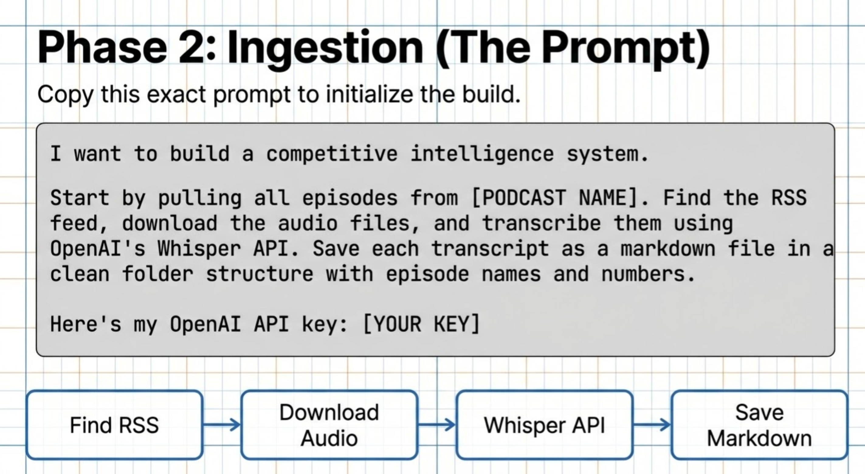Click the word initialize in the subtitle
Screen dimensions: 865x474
[x=369, y=95]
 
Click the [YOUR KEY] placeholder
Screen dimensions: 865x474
[x=422, y=324]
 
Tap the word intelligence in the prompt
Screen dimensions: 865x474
[x=482, y=154]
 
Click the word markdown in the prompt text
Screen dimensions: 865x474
[x=667, y=249]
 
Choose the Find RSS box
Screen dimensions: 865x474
[x=115, y=425]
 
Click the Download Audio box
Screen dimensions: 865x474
[x=329, y=425]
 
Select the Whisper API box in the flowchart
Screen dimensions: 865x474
[x=544, y=425]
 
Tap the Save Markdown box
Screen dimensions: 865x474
[x=759, y=425]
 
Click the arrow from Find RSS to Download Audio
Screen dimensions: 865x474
[x=222, y=425]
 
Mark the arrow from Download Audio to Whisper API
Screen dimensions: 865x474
[x=437, y=425]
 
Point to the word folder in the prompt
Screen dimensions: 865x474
[x=157, y=274]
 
